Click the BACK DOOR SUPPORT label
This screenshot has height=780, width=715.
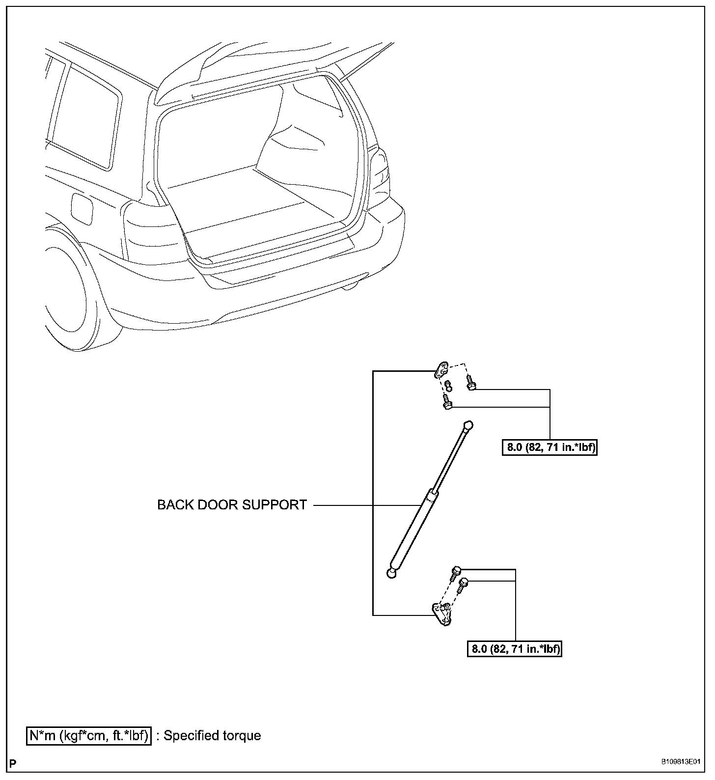(x=232, y=505)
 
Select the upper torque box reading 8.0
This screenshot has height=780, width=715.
(x=550, y=447)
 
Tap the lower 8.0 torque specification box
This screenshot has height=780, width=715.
(x=514, y=649)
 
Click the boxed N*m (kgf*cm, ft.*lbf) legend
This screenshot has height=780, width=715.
(x=89, y=735)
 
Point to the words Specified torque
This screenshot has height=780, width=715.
(x=212, y=735)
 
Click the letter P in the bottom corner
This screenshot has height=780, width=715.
(x=13, y=764)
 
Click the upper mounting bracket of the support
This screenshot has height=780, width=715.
(x=441, y=370)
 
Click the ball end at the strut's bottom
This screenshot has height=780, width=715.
(x=391, y=573)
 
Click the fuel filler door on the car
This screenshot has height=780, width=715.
(x=82, y=208)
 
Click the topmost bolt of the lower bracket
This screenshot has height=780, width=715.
(x=456, y=571)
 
